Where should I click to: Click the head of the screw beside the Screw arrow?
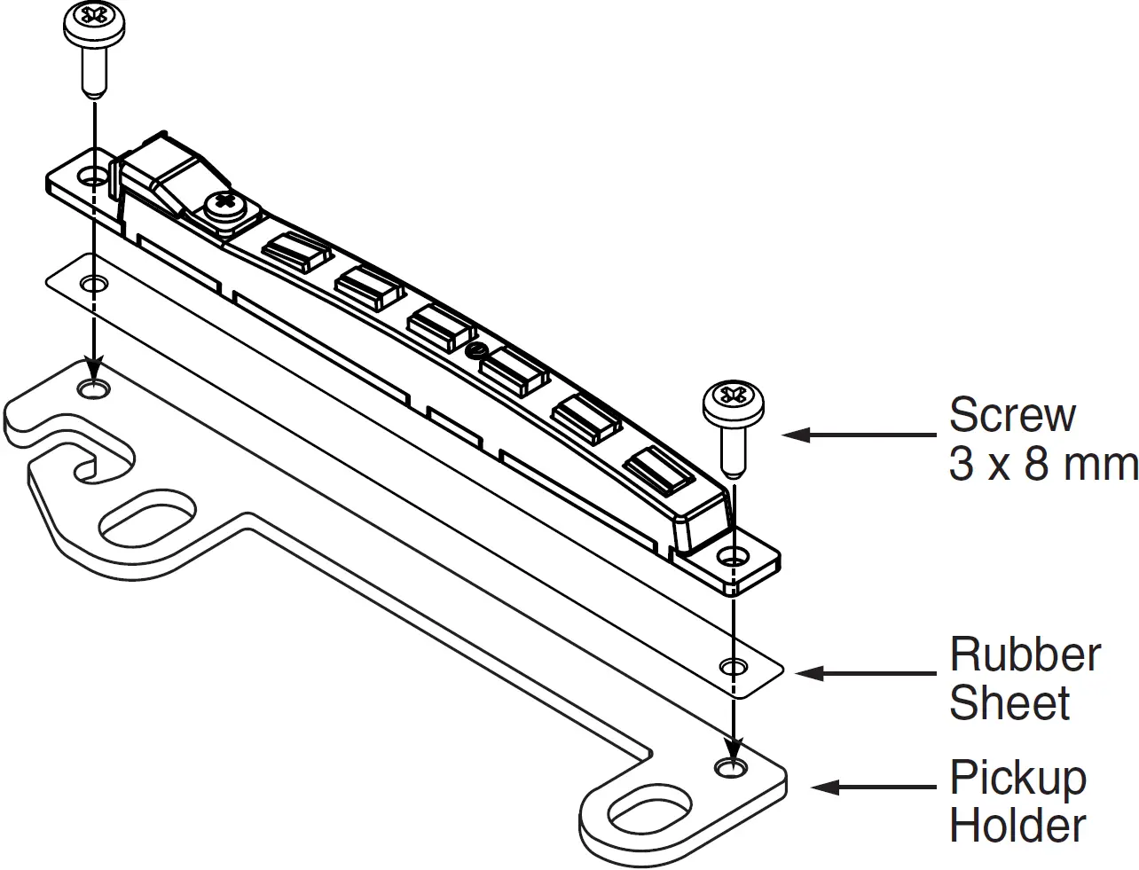coord(733,404)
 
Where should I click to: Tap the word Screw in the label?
coord(1011,414)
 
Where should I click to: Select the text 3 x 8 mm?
coord(1042,463)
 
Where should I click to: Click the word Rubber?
coord(1025,655)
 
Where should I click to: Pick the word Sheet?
coord(1009,702)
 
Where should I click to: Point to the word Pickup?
coord(1017,778)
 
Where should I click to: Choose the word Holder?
coord(1017,825)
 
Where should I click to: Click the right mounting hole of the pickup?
coord(732,557)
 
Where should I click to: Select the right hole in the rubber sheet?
coord(733,665)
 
